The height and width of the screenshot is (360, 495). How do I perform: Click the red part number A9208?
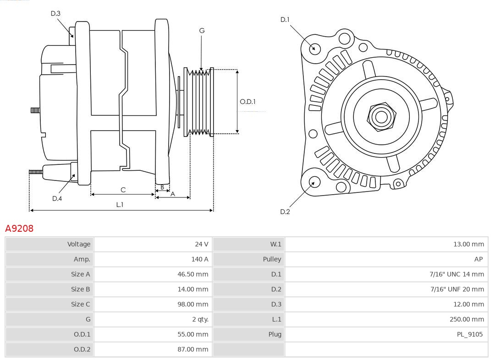[19, 228]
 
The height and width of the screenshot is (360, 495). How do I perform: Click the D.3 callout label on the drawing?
[55, 13]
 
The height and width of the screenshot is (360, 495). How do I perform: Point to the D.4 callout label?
[57, 198]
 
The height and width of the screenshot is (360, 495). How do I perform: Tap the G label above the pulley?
[202, 31]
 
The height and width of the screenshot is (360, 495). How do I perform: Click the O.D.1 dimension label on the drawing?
[247, 102]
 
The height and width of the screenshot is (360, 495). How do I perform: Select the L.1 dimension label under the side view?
[120, 205]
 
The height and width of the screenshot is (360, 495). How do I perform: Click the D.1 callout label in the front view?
[285, 19]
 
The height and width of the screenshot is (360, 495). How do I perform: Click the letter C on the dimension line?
[123, 190]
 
